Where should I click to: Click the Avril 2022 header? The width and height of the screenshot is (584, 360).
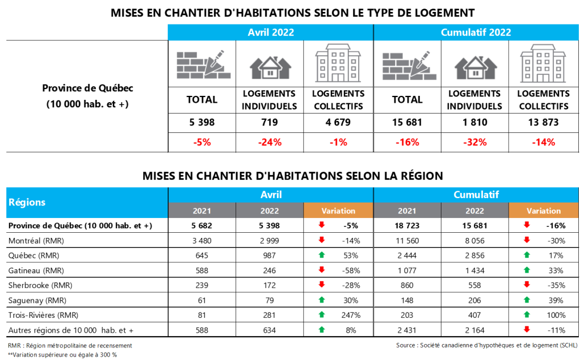coord(270,33)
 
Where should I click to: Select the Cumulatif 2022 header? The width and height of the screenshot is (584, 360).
coord(476,33)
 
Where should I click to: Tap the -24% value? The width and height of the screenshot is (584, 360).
coord(270,142)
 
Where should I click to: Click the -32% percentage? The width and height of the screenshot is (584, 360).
coord(476,142)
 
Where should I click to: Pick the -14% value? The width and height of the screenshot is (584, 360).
coord(544,142)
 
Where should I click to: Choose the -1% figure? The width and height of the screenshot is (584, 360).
coord(339,142)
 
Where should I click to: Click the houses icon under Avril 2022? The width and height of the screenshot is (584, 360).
coord(271,66)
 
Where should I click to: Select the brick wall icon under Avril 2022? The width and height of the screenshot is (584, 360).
coord(204,65)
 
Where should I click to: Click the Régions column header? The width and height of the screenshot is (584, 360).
coord(26,203)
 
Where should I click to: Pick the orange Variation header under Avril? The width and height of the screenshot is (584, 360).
coord(338,211)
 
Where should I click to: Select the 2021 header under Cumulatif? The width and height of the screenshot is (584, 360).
coord(407,211)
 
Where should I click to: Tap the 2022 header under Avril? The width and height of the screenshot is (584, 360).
coord(270,211)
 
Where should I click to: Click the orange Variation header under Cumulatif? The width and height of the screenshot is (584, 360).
coord(544,211)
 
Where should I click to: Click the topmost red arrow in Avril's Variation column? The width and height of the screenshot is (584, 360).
coord(322,225)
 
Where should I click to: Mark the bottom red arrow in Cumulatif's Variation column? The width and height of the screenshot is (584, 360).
coord(527,329)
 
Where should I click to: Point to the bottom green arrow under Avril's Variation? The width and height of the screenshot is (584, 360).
coord(322,329)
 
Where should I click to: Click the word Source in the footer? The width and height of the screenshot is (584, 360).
coord(407,346)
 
